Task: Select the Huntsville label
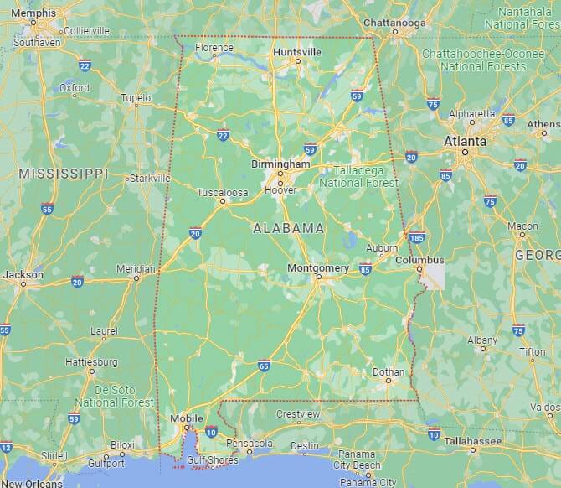[x=296, y=52]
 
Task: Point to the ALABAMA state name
[x=289, y=227]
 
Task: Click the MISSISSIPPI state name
[x=64, y=174]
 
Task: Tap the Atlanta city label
[x=465, y=141]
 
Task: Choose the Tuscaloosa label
[x=222, y=193]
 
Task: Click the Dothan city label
[x=388, y=371]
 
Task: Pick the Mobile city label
[x=187, y=418]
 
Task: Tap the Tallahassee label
[x=473, y=439]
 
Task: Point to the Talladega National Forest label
[x=361, y=175]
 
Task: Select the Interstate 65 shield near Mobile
[x=264, y=366]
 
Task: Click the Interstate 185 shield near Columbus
[x=416, y=238]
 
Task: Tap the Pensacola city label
[x=250, y=443]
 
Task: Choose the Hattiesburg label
[x=91, y=362]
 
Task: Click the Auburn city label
[x=381, y=248]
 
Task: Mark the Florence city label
[x=214, y=48]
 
